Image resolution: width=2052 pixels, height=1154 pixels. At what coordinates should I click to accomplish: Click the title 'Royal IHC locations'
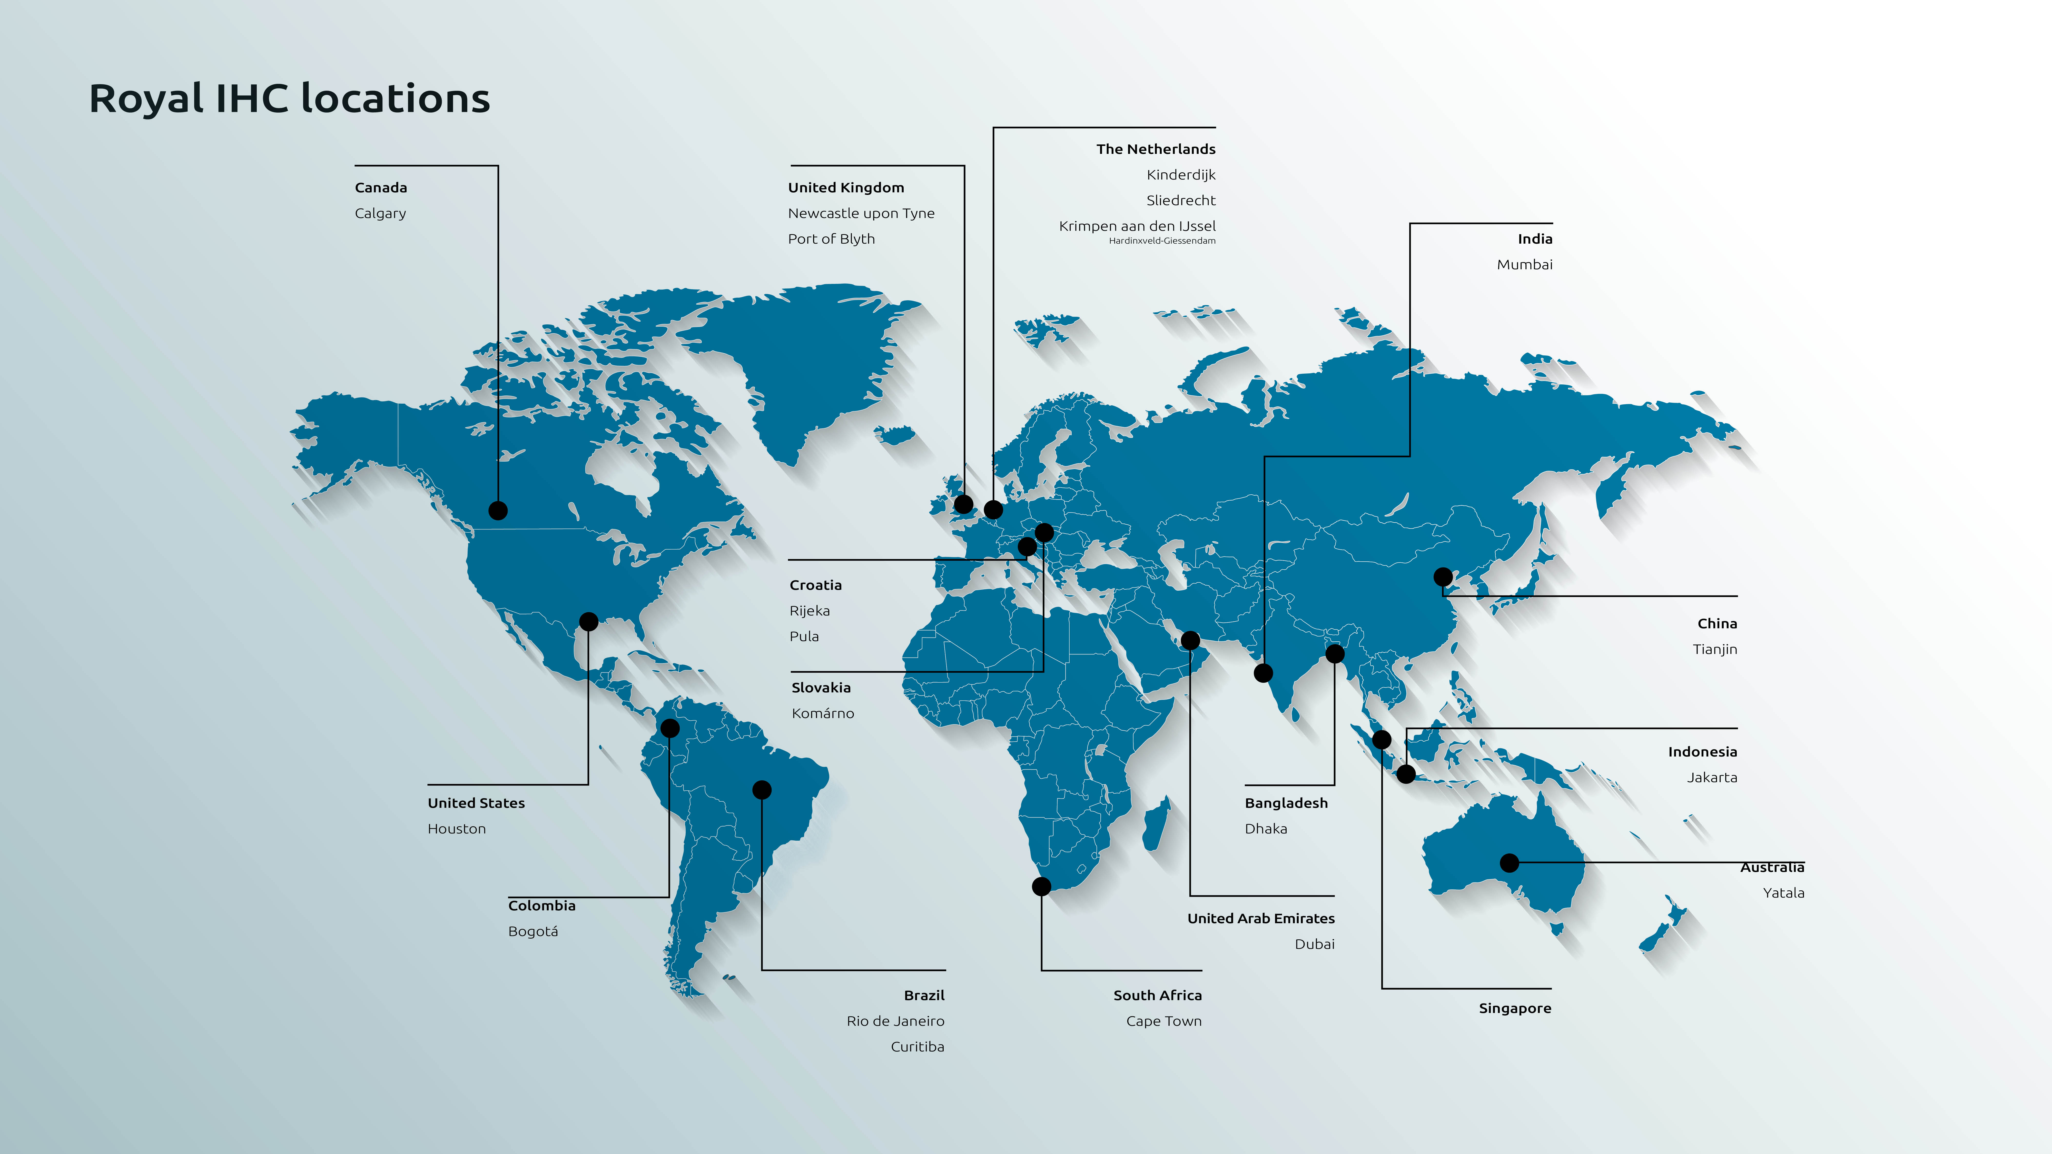click(289, 99)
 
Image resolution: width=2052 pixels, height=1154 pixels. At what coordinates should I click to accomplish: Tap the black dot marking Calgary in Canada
click(498, 511)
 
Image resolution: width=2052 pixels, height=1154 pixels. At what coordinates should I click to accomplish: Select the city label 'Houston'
click(457, 829)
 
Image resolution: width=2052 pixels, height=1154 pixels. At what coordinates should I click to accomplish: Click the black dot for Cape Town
click(1041, 887)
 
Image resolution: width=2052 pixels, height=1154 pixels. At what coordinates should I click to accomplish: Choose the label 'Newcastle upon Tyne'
click(861, 213)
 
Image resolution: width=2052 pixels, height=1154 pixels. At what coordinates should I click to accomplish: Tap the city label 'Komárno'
click(822, 714)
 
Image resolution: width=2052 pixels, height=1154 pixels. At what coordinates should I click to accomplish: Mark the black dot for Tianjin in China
click(1443, 576)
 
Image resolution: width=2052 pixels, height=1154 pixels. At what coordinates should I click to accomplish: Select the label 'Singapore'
click(1514, 1008)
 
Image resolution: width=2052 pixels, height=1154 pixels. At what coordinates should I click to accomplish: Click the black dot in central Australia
click(1509, 862)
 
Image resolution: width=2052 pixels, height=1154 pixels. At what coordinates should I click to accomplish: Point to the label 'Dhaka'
click(1266, 829)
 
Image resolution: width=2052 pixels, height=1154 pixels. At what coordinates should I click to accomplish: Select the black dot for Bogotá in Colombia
click(670, 728)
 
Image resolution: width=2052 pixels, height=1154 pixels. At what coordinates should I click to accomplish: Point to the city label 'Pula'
click(804, 636)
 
